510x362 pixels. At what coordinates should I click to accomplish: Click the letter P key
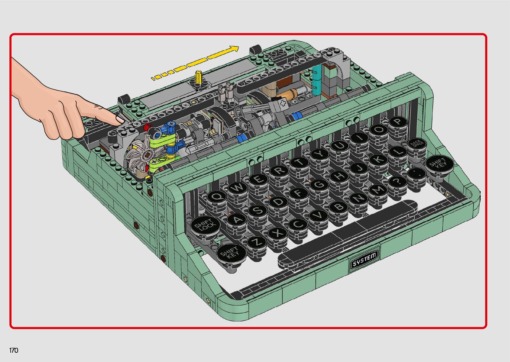tap(398, 122)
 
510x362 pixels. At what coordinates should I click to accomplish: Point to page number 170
tap(14, 350)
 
